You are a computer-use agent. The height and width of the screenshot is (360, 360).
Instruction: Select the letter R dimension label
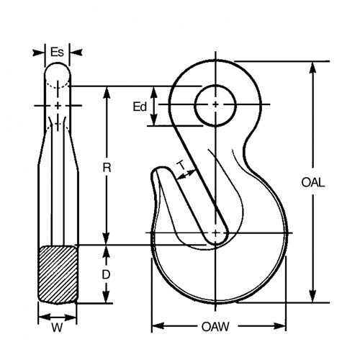(x=107, y=168)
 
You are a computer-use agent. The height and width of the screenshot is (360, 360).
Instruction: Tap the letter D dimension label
(x=106, y=274)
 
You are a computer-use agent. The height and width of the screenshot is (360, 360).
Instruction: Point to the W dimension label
(x=58, y=332)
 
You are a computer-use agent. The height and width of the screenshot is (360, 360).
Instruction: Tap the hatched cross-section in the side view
(x=58, y=274)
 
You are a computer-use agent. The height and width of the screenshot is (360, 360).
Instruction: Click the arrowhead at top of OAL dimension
(x=312, y=66)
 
